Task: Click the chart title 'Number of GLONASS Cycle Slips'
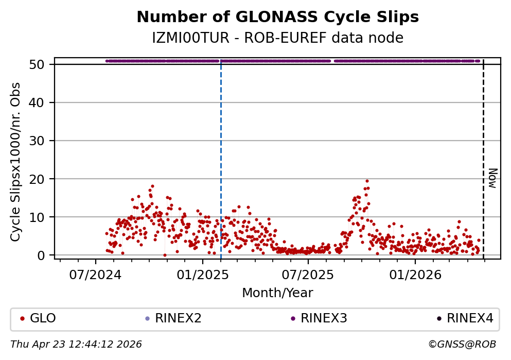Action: [277, 18]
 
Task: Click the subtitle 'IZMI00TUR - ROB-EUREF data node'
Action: [277, 38]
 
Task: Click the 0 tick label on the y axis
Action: [45, 255]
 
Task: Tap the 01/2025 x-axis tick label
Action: [202, 275]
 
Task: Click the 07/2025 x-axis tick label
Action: [308, 275]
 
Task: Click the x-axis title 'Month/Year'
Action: [277, 293]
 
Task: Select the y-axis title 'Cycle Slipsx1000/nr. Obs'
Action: [16, 162]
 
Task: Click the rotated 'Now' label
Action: [492, 178]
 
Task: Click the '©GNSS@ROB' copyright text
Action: [462, 344]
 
